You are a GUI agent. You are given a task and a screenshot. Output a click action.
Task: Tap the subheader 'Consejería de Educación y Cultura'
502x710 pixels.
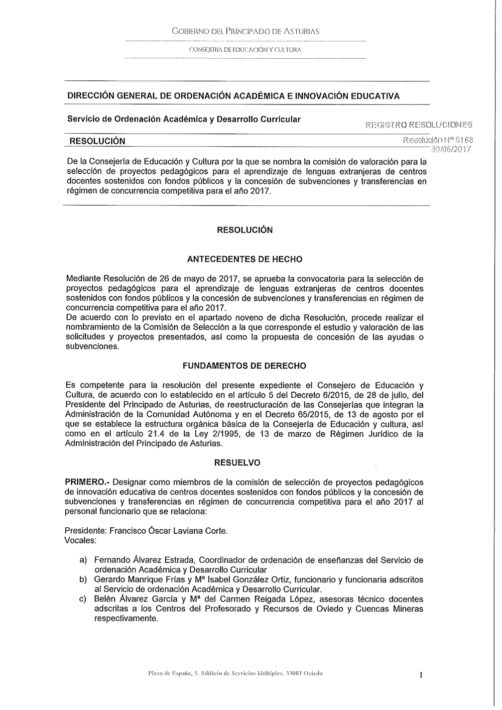[245, 49]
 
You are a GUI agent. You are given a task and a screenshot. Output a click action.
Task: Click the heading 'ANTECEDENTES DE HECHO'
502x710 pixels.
[244, 260]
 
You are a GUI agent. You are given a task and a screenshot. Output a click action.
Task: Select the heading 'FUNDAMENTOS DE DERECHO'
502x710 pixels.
[244, 366]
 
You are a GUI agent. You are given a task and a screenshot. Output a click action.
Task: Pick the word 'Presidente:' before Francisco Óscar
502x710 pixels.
[85, 531]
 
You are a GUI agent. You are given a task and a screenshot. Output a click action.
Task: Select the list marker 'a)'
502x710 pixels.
[83, 560]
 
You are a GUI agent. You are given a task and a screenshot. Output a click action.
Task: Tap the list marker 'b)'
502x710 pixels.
[83, 579]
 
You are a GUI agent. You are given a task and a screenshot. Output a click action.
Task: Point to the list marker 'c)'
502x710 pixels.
[83, 599]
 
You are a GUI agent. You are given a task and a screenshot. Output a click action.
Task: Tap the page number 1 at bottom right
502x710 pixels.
[421, 676]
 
